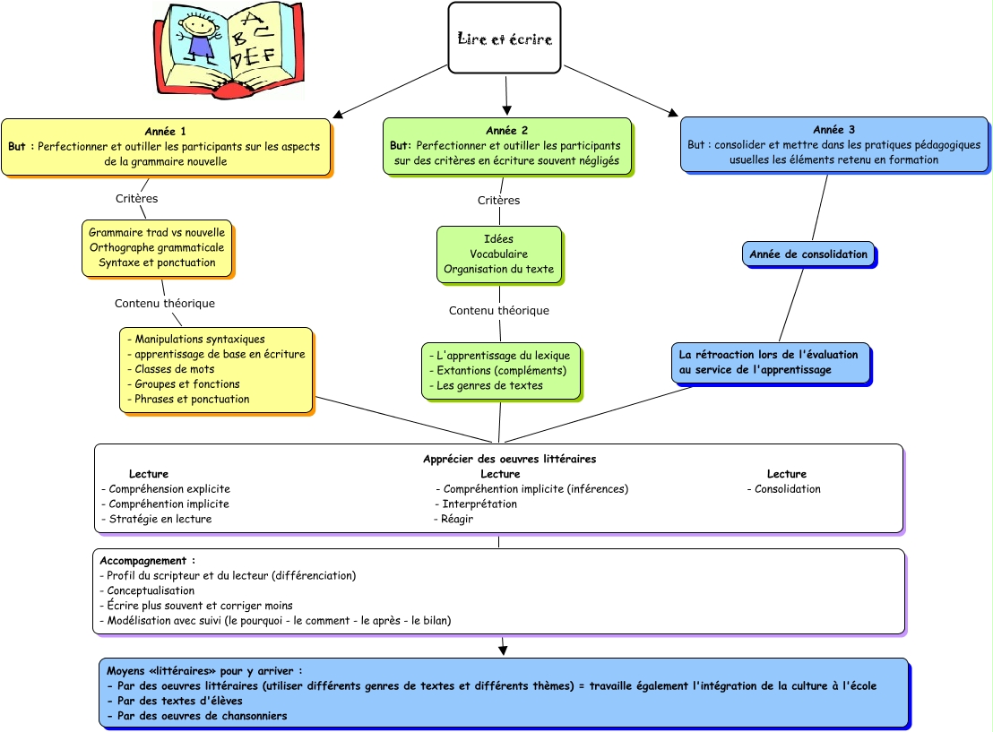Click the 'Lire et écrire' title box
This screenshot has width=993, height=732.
pos(504,39)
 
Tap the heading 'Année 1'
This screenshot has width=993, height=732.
pos(165,131)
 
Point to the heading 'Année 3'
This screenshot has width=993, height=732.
pos(833,130)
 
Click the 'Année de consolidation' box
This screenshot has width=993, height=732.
pos(809,254)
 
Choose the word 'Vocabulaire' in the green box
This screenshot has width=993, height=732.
pos(498,254)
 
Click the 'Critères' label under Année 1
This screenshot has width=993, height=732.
pos(136,198)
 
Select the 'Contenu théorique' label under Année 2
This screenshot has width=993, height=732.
pos(498,311)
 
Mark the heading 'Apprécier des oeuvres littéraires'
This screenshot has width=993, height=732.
pos(509,459)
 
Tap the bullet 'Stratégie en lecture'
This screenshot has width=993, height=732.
pos(160,519)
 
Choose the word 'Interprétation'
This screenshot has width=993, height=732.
pos(479,504)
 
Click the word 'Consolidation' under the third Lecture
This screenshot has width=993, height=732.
pos(787,489)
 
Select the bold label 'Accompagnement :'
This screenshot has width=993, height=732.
pos(147,561)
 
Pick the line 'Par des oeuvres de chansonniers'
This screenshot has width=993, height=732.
pos(197,716)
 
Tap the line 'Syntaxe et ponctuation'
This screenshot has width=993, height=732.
pos(157,263)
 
